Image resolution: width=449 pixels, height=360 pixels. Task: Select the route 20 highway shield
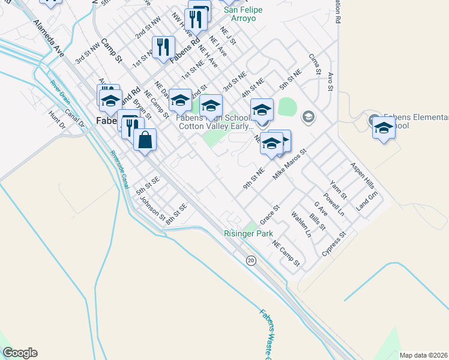pos(251,260)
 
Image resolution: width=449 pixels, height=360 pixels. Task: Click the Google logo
pos(20,353)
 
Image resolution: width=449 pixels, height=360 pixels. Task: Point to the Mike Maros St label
pos(289,162)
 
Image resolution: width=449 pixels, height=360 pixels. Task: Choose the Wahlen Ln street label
pos(301,223)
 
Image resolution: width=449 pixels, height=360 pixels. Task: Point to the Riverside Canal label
pos(119,169)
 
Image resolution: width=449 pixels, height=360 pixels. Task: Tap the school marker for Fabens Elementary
pos(384,128)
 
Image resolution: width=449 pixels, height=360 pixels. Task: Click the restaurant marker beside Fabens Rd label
pos(163,48)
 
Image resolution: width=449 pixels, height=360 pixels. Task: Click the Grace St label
pos(270,211)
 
